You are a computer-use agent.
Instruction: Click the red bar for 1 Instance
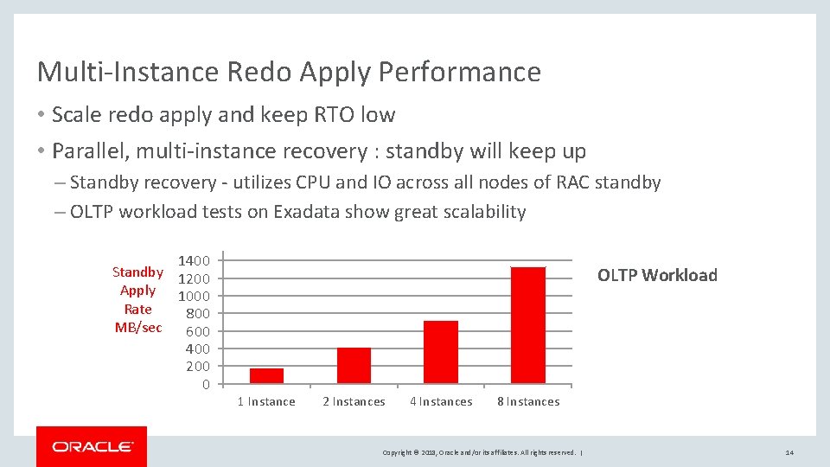click(266, 375)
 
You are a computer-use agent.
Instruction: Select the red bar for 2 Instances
click(354, 365)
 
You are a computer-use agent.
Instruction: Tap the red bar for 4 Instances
click(441, 352)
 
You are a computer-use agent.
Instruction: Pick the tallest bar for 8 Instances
click(528, 325)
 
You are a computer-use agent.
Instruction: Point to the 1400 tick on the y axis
click(194, 260)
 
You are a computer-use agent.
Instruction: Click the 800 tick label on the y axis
click(198, 313)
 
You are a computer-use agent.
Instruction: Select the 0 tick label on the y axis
click(205, 384)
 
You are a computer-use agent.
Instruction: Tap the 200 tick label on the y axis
click(198, 367)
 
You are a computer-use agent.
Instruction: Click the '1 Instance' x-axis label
click(266, 402)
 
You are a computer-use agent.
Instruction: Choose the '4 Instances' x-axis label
click(441, 402)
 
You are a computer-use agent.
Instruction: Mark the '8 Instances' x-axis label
click(528, 402)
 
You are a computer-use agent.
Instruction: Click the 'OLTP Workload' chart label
click(657, 276)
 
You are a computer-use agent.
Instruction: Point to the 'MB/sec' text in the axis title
click(137, 327)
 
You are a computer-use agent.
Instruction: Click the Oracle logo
click(92, 446)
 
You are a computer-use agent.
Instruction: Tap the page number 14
click(789, 452)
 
